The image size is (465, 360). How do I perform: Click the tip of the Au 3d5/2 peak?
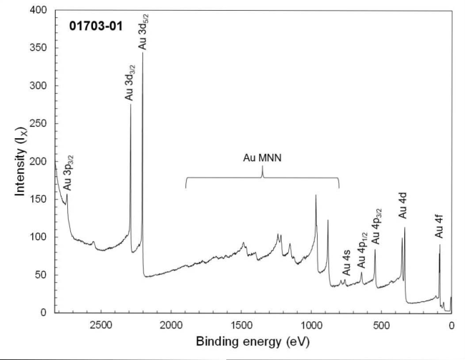point(142,53)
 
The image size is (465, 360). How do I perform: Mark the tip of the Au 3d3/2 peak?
point(130,105)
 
